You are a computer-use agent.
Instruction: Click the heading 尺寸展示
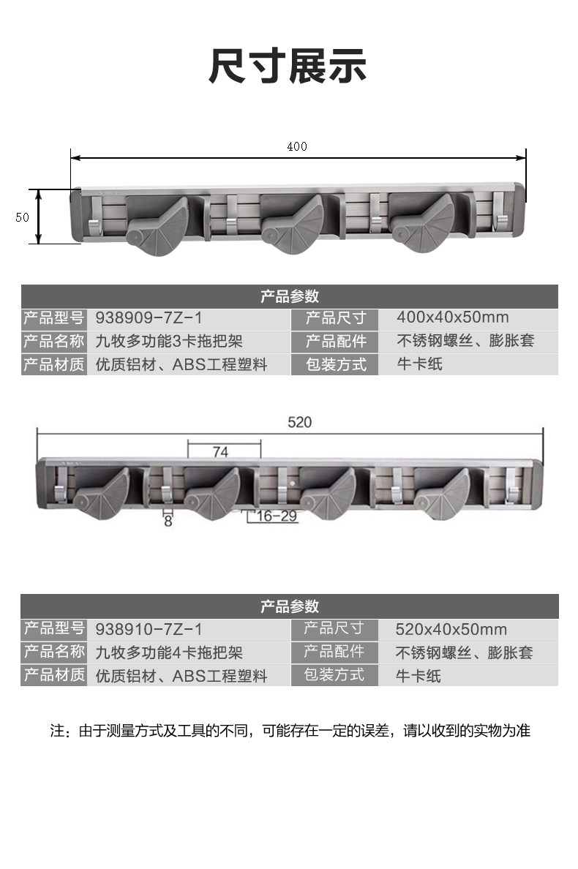(x=288, y=67)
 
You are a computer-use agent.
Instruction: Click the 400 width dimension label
(x=297, y=146)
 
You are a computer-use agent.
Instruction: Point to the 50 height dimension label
(x=22, y=217)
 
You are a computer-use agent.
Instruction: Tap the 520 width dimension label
(x=299, y=422)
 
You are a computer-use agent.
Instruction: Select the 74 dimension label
(x=220, y=452)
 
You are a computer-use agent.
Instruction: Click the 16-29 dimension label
(x=277, y=516)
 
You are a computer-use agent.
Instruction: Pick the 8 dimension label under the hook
(x=168, y=522)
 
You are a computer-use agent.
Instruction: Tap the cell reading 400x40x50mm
(x=452, y=318)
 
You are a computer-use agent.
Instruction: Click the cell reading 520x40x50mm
(x=451, y=629)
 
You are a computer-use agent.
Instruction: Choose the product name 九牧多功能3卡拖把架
(x=169, y=341)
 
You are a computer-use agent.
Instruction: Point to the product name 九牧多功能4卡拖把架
(x=169, y=652)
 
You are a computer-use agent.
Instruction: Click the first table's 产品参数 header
(x=289, y=296)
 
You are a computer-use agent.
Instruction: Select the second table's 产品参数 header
(x=289, y=606)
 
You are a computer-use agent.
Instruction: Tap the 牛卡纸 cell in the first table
(x=419, y=364)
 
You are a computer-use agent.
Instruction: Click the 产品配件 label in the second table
(x=334, y=652)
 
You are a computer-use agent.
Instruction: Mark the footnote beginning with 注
(x=289, y=730)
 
